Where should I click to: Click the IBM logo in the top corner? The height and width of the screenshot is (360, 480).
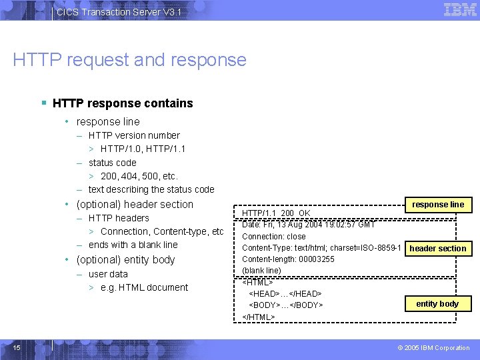[460, 10]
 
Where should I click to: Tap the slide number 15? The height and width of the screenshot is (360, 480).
[17, 347]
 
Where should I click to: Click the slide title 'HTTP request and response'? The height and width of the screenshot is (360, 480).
[129, 60]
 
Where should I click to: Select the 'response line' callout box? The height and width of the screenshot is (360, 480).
[438, 205]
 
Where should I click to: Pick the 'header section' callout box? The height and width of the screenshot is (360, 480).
[438, 249]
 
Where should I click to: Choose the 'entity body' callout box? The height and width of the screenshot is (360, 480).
[437, 304]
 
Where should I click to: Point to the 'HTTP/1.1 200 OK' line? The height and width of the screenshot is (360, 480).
[276, 213]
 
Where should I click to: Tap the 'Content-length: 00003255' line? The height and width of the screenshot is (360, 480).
[288, 259]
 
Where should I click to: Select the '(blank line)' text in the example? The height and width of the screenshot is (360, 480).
[261, 271]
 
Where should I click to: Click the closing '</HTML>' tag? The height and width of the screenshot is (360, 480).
[259, 317]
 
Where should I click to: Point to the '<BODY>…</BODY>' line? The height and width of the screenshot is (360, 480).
[286, 305]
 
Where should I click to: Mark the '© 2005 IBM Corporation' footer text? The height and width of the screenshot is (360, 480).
[433, 347]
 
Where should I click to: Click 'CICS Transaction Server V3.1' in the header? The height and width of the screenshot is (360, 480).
[119, 12]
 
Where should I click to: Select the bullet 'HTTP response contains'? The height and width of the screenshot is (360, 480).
[123, 103]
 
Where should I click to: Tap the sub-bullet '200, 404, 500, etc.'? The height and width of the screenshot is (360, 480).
[139, 176]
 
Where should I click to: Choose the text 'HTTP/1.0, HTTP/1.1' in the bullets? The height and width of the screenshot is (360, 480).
[143, 149]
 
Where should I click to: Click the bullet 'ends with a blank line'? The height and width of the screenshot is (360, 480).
[133, 245]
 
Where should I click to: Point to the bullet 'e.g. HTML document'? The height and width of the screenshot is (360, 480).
[144, 287]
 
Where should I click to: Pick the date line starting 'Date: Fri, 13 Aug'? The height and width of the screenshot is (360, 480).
[308, 225]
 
